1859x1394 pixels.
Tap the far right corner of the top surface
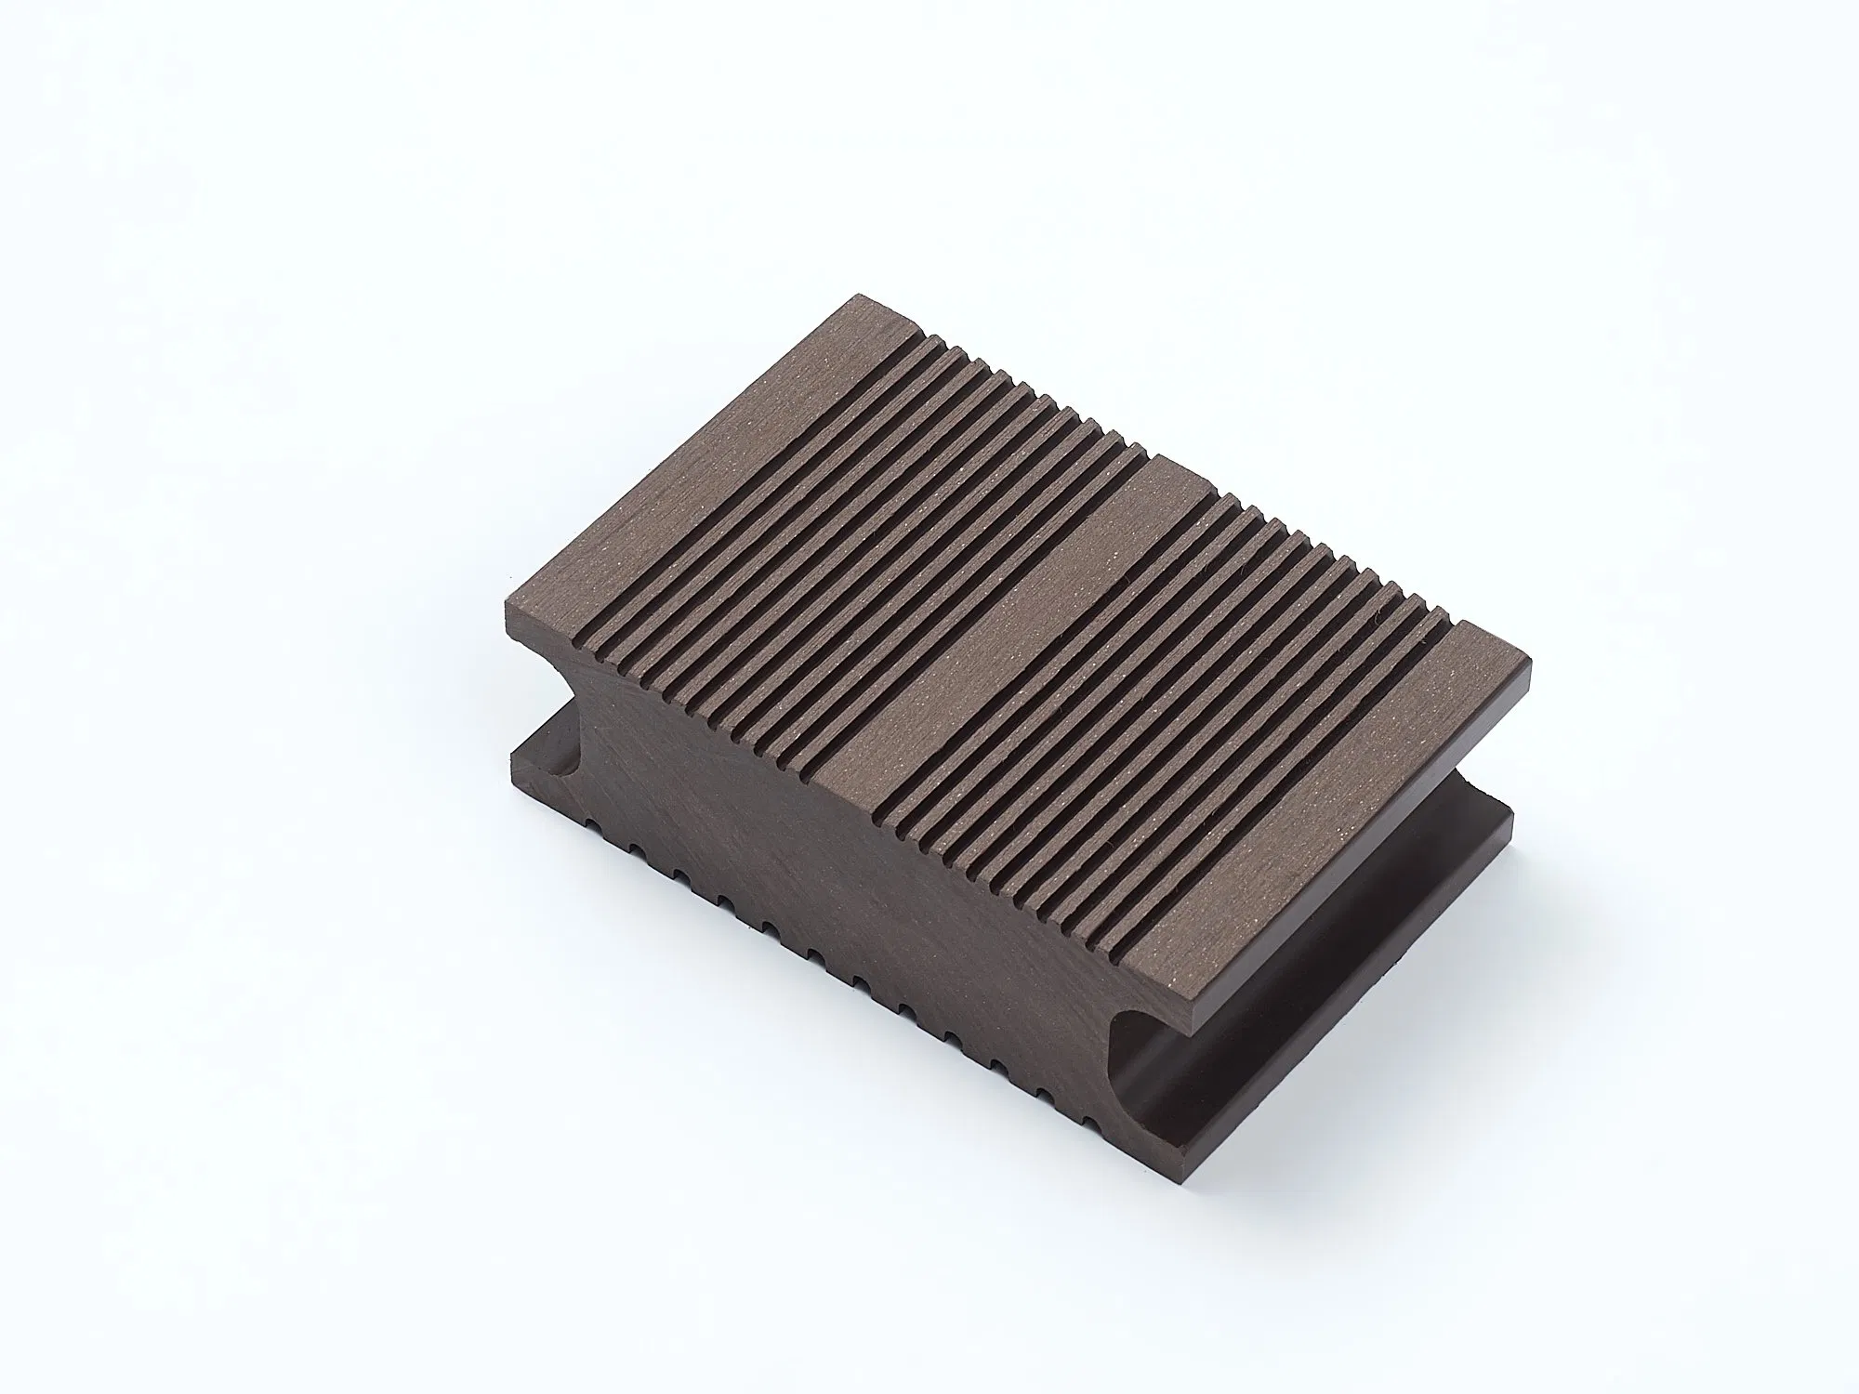click(1528, 663)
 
